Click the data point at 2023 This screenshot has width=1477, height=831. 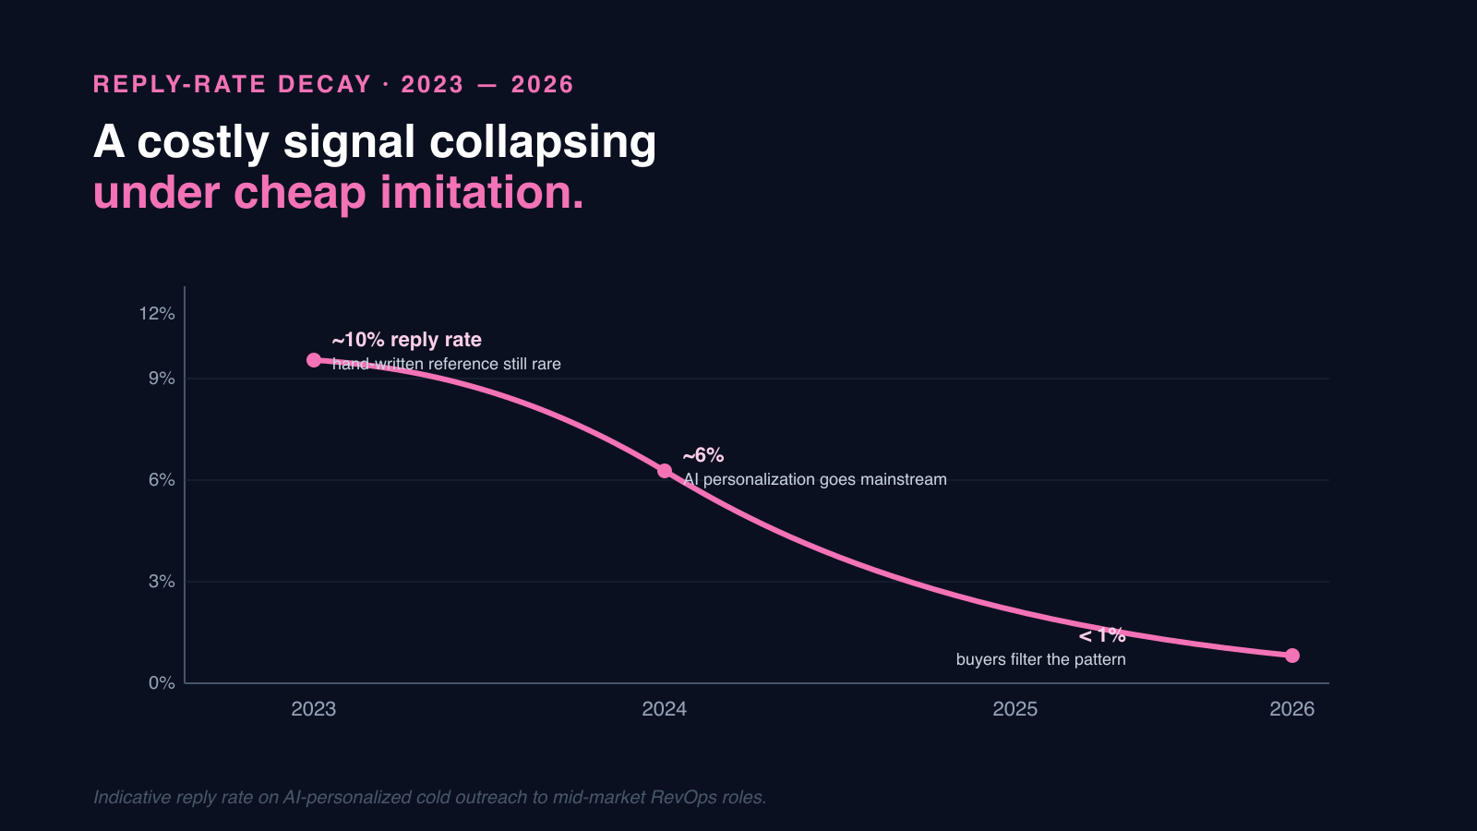314,360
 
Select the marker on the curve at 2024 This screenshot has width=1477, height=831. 665,471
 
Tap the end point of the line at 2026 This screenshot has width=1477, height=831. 1292,656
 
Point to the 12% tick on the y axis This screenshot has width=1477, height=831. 157,314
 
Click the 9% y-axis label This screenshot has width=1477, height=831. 162,379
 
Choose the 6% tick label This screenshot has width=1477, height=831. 162,480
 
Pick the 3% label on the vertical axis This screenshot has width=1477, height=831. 162,582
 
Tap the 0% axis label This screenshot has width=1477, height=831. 162,683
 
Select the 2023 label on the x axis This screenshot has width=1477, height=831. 314,709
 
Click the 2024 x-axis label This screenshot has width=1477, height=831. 665,709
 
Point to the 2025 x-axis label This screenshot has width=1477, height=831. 1015,709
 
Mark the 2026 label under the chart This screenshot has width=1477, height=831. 1292,709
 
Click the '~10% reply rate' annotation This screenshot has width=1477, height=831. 407,340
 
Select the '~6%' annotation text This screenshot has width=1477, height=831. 703,455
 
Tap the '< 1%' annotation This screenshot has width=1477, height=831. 1102,635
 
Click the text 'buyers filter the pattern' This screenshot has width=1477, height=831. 1040,659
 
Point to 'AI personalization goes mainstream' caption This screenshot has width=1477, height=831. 815,479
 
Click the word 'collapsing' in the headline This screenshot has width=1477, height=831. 543,143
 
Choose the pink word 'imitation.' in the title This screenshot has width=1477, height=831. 482,193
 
